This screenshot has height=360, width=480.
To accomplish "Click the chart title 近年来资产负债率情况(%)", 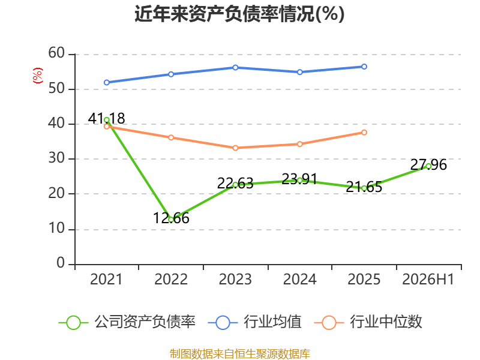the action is click(x=239, y=14).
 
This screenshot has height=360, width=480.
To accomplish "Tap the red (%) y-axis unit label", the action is click(x=38, y=76).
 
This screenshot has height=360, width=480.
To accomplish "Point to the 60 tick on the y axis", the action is click(x=56, y=53).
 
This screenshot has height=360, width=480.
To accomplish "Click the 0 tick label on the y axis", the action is click(x=61, y=263).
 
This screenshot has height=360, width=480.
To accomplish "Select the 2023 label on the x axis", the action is click(x=235, y=280).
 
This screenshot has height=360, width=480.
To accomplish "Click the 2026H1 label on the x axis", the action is click(x=428, y=280).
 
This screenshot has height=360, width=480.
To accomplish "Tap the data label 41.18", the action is click(x=106, y=118).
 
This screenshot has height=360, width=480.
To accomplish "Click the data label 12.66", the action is click(x=171, y=218).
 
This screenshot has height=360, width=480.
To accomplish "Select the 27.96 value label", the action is click(x=428, y=164).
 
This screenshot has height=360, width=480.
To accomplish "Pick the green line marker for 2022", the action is click(x=171, y=220).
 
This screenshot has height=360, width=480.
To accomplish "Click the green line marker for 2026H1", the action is click(x=428, y=166).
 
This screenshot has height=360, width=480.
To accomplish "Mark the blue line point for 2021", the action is click(x=107, y=82).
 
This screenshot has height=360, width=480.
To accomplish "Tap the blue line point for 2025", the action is click(x=364, y=67).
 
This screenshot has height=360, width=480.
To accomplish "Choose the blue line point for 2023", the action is click(x=235, y=67).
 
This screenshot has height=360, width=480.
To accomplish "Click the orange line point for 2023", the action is click(x=235, y=148).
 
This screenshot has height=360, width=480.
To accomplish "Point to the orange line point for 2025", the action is click(x=364, y=132).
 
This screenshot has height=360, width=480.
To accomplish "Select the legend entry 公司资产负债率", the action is click(x=127, y=322).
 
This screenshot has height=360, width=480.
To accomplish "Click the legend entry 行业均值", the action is click(x=254, y=322).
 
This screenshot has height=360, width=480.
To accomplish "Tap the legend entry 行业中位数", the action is click(x=368, y=322).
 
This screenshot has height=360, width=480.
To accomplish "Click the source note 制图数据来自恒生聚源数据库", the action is click(x=240, y=354).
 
